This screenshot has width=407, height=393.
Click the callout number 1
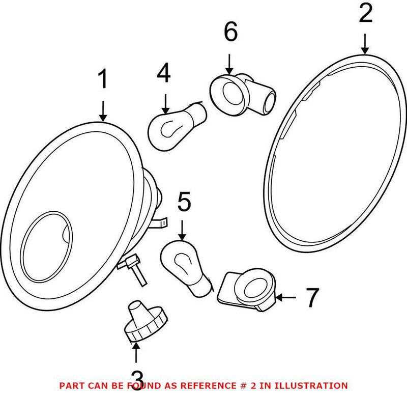point(103,80)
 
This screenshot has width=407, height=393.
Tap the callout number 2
point(365,14)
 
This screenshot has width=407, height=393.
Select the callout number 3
point(137,379)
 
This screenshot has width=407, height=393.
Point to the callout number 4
point(164,74)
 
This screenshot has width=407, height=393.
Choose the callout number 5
point(184,202)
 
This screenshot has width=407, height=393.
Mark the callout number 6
point(230,34)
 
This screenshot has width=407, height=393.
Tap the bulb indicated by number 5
point(185,267)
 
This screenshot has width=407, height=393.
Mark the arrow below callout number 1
point(103,110)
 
